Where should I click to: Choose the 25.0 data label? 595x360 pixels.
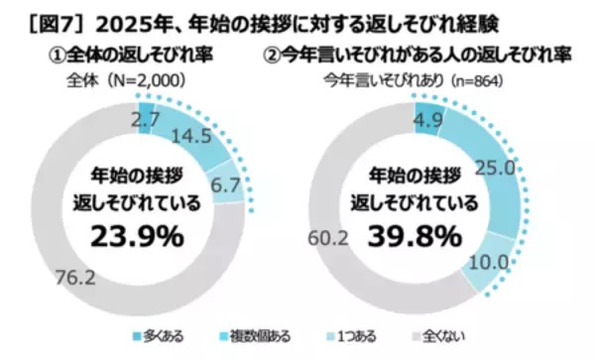click(494, 169)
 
